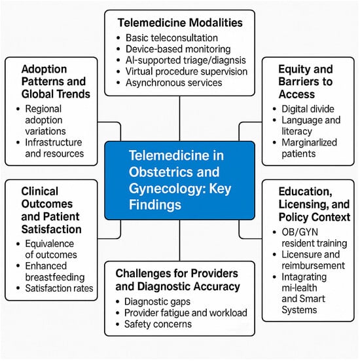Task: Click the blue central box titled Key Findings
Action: click(179, 180)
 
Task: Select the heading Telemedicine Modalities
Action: click(180, 22)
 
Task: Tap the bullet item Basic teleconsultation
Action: click(171, 38)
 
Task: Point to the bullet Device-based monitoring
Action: click(178, 49)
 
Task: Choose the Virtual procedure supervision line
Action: click(187, 71)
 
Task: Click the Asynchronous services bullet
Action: click(173, 83)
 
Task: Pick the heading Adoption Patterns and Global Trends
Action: click(56, 81)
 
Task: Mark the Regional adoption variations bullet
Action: click(45, 120)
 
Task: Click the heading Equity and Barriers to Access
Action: click(306, 82)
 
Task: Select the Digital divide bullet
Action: click(308, 109)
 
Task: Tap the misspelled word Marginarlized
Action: click(309, 142)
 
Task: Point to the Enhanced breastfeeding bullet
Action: click(55, 272)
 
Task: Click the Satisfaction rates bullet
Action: click(59, 288)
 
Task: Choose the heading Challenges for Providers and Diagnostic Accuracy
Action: click(177, 280)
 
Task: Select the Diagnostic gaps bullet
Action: click(157, 301)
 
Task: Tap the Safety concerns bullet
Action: click(158, 324)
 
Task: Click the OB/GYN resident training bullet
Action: click(314, 238)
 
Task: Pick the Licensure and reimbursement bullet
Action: click(313, 260)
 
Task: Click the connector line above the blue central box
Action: click(179, 119)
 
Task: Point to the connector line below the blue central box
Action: click(179, 240)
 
